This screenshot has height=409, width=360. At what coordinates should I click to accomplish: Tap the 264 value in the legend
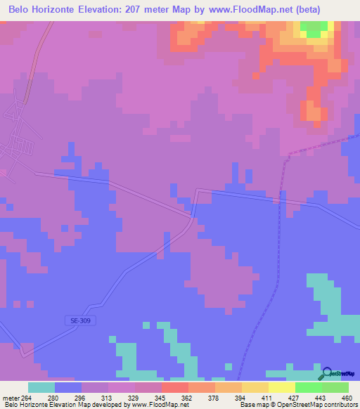click(27, 397)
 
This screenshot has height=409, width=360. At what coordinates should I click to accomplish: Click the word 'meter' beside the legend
click(11, 397)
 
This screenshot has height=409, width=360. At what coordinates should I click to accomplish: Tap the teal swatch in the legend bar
click(41, 387)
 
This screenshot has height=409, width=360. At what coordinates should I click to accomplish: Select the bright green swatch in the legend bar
click(308, 387)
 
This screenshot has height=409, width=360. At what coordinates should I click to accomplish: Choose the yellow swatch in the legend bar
click(281, 387)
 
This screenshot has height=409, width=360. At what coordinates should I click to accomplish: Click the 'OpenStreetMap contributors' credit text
click(319, 405)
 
